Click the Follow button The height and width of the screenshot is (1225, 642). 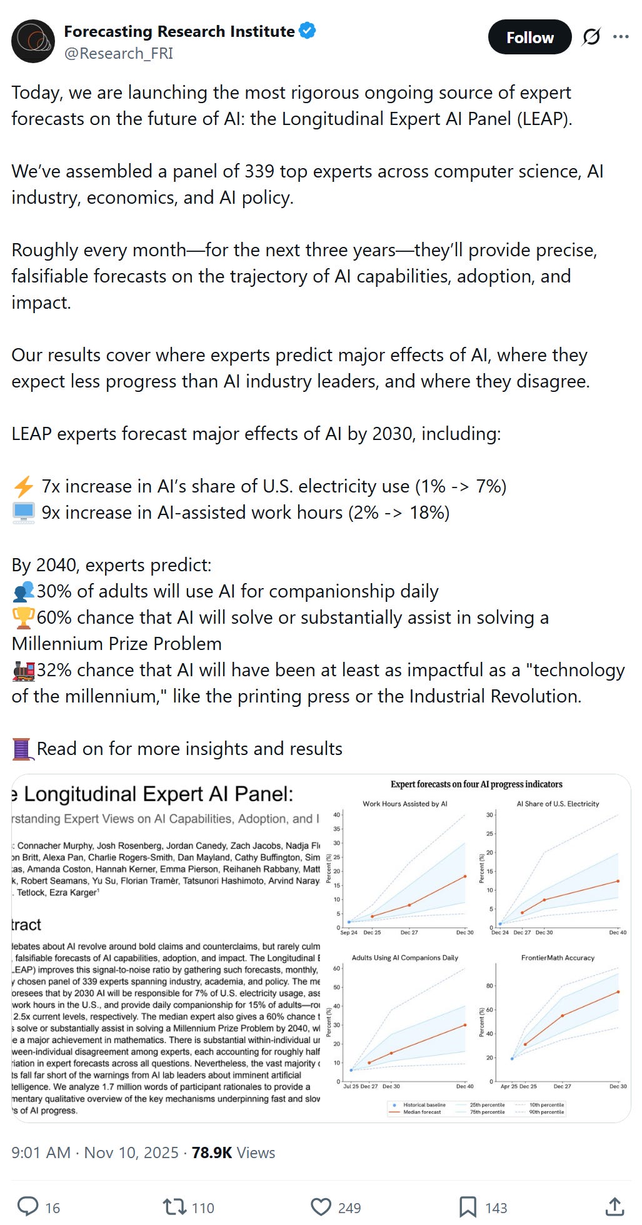(529, 37)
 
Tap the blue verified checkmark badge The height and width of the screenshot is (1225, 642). (307, 31)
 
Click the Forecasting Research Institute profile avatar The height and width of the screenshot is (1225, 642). (33, 41)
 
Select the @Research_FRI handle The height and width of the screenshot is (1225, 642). (118, 53)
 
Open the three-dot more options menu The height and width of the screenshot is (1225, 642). (621, 37)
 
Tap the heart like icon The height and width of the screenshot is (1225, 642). (321, 1207)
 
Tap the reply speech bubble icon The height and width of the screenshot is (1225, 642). (28, 1207)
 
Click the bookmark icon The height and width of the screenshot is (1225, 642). (468, 1207)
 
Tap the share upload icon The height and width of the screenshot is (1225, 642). (614, 1207)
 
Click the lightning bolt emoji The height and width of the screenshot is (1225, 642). (24, 486)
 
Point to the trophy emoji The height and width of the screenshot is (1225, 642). (23, 617)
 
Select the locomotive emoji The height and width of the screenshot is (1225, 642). (23, 671)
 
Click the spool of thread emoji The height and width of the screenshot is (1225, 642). (22, 749)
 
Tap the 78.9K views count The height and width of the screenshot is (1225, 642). (212, 1152)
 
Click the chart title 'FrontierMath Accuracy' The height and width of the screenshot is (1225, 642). (558, 957)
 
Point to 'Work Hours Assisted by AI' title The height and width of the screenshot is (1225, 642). (404, 804)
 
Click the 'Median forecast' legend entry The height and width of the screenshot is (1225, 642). (422, 1112)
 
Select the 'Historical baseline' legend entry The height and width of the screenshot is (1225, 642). (424, 1105)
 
